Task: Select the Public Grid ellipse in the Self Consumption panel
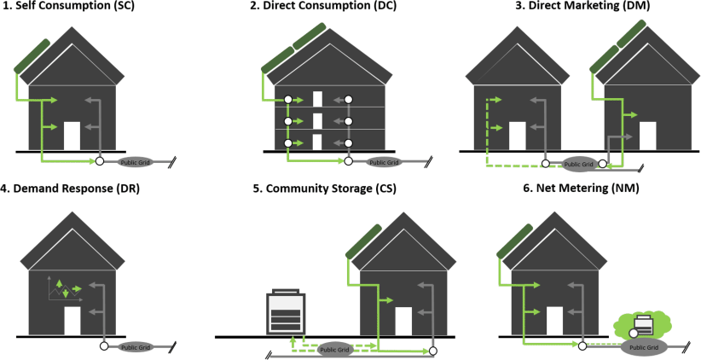pyautogui.click(x=134, y=160)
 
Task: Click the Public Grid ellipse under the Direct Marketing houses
pyautogui.click(x=579, y=163)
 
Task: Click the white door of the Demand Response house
pyautogui.click(x=72, y=321)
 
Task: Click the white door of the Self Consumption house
pyautogui.click(x=72, y=136)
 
